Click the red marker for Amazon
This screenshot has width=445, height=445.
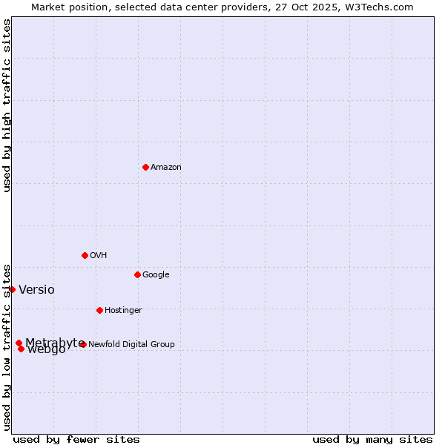(145, 167)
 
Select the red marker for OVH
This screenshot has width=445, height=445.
(85, 255)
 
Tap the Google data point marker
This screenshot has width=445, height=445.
(137, 274)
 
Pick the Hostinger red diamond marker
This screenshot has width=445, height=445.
(99, 310)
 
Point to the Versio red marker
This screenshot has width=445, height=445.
(13, 289)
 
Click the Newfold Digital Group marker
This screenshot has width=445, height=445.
(83, 344)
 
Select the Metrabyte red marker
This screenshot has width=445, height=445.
(19, 343)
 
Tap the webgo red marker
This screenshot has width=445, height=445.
(21, 349)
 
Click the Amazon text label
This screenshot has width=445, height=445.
(166, 168)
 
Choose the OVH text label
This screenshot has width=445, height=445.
(99, 256)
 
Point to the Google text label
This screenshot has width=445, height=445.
(156, 275)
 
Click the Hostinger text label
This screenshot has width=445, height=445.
(123, 311)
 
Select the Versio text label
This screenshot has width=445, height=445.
(36, 290)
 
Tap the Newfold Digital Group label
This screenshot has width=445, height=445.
(131, 345)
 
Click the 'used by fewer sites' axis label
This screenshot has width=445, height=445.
(76, 440)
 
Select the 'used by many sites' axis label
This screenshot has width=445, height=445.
(372, 440)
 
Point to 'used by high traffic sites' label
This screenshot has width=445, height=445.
(7, 105)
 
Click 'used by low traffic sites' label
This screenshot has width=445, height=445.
(7, 346)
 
